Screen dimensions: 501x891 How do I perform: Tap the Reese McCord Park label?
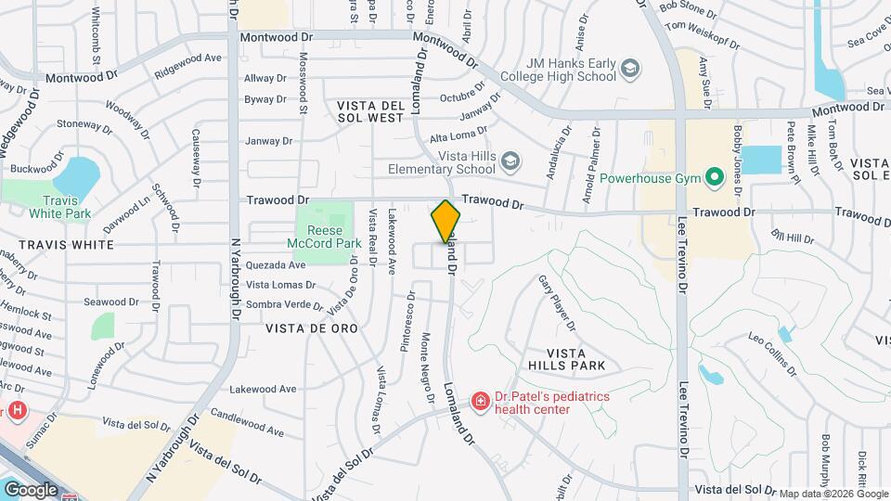tap(319, 238)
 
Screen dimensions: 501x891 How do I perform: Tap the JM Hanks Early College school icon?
tap(630, 70)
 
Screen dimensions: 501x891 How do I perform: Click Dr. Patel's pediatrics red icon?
tap(481, 402)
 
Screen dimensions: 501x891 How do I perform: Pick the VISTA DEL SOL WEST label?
tap(370, 111)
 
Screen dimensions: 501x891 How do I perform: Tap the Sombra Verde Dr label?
tap(283, 304)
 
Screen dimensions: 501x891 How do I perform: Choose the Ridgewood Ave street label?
tap(188, 58)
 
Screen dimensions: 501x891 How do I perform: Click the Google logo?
tap(31, 489)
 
